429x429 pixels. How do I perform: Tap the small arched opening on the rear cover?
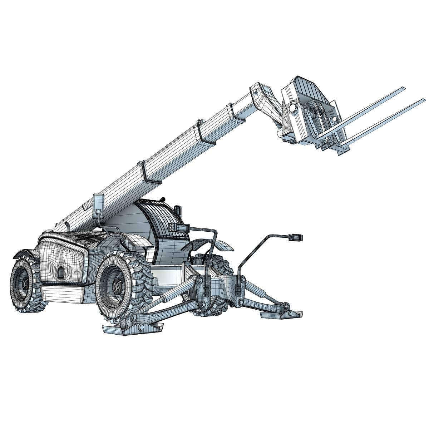pos(61,272)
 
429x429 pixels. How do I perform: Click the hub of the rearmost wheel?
pos(24,284)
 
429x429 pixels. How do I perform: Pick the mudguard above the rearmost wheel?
pos(22,255)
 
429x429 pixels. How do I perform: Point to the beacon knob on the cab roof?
pos(163,198)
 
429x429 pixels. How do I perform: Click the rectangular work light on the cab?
pos(179,227)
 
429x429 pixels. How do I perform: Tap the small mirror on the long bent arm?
pos(296,236)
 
